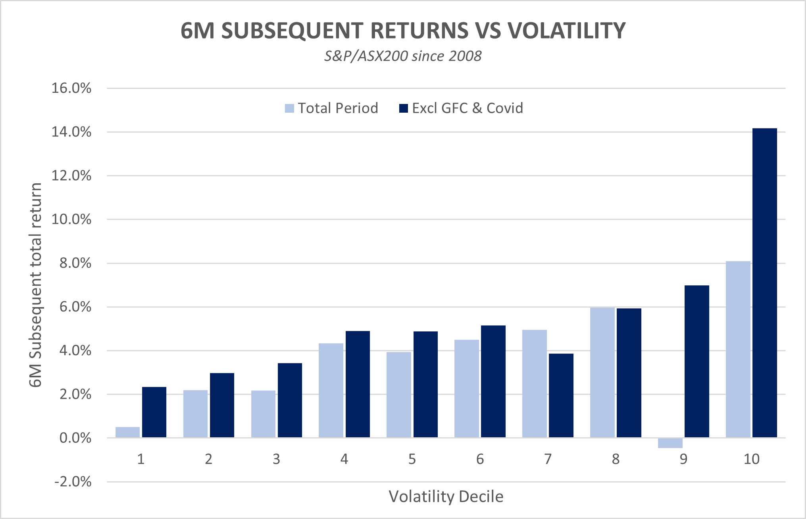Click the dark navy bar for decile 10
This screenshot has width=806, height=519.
[x=765, y=283]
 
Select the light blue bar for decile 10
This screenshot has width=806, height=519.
[x=738, y=349]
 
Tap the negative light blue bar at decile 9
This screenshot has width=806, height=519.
[x=670, y=443]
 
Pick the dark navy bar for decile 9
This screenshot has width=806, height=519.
[x=697, y=361]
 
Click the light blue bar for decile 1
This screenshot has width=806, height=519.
[x=127, y=432]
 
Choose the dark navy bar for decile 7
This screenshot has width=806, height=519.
[x=561, y=396]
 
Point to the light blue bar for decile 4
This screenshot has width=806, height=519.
[x=331, y=390]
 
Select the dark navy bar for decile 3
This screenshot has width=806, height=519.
[x=290, y=400]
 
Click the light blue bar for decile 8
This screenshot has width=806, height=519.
[x=602, y=373]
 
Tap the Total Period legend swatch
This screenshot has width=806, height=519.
[x=289, y=108]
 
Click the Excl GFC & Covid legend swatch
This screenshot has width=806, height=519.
[x=404, y=108]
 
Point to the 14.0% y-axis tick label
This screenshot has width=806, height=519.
[x=71, y=132]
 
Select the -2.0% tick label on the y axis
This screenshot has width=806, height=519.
[x=73, y=482]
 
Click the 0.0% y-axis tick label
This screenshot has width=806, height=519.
[x=75, y=438]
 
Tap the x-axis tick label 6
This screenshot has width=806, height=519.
[x=480, y=459]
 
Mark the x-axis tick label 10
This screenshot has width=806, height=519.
[x=751, y=459]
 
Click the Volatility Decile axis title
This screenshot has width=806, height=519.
[x=446, y=496]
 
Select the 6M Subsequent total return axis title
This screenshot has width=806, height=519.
[x=36, y=285]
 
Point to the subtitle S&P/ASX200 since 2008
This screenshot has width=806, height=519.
[x=403, y=56]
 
